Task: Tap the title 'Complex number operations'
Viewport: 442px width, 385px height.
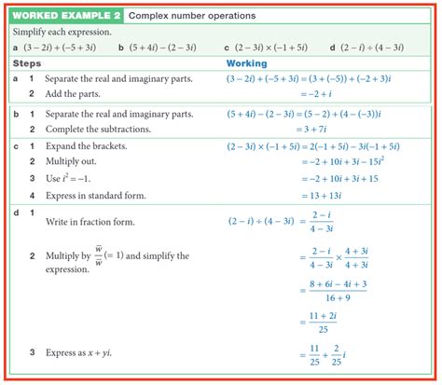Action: coord(181,16)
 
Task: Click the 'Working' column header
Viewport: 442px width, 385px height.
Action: coord(247,63)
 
